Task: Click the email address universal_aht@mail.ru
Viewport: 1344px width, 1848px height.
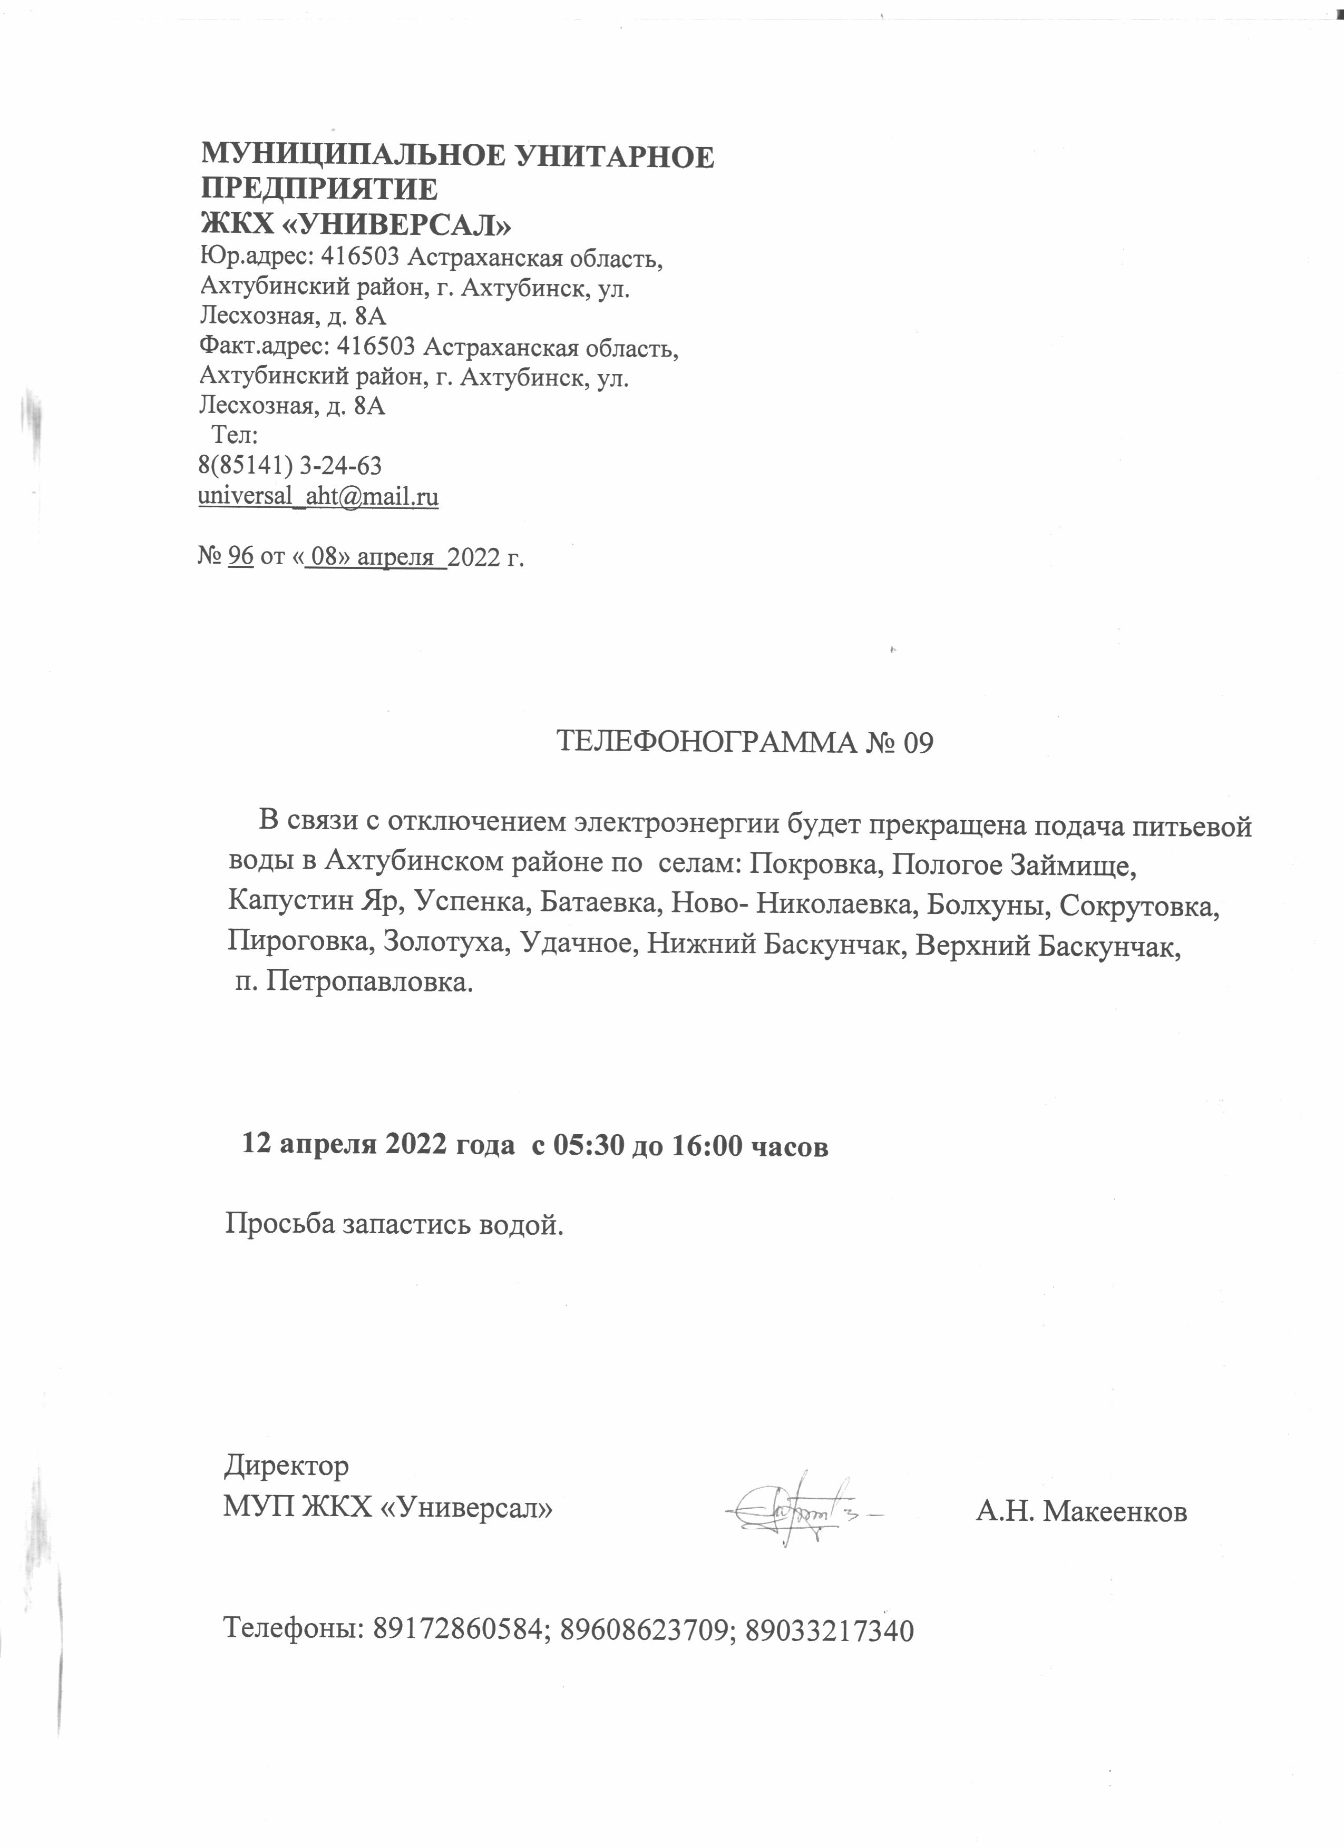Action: coord(319,496)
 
